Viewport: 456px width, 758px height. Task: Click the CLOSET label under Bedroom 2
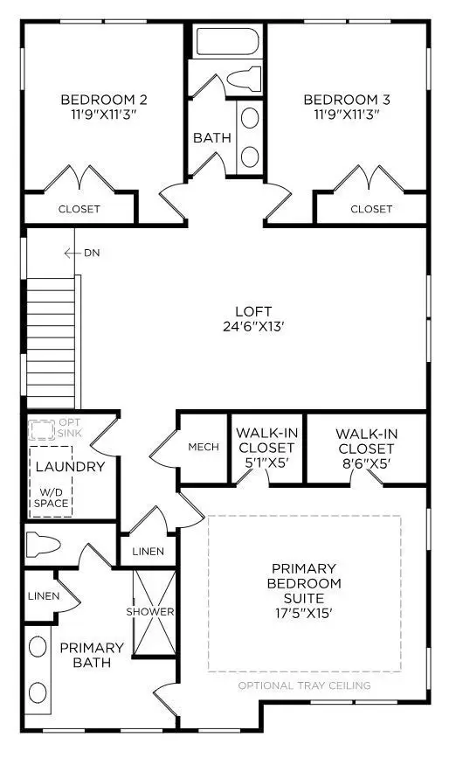click(79, 209)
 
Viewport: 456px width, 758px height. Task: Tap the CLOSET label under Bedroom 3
click(371, 209)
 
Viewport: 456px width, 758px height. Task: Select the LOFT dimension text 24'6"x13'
click(253, 328)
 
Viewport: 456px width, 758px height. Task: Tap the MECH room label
click(204, 447)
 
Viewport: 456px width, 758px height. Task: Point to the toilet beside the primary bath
click(43, 545)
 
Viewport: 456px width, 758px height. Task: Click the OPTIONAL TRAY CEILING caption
click(304, 685)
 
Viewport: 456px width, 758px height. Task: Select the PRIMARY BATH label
click(92, 656)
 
